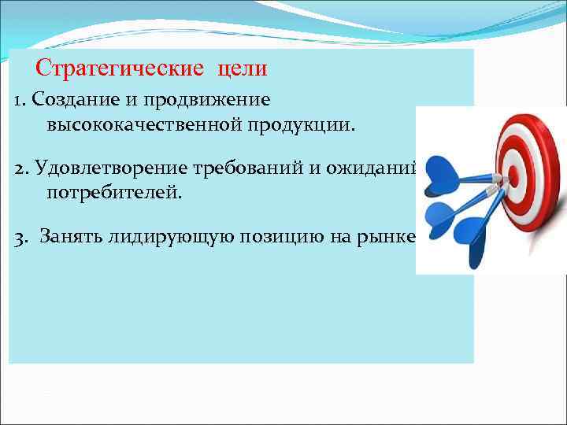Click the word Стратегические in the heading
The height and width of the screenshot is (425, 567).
[118, 68]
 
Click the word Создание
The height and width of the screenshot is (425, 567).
[69, 100]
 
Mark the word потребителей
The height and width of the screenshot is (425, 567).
[113, 192]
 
